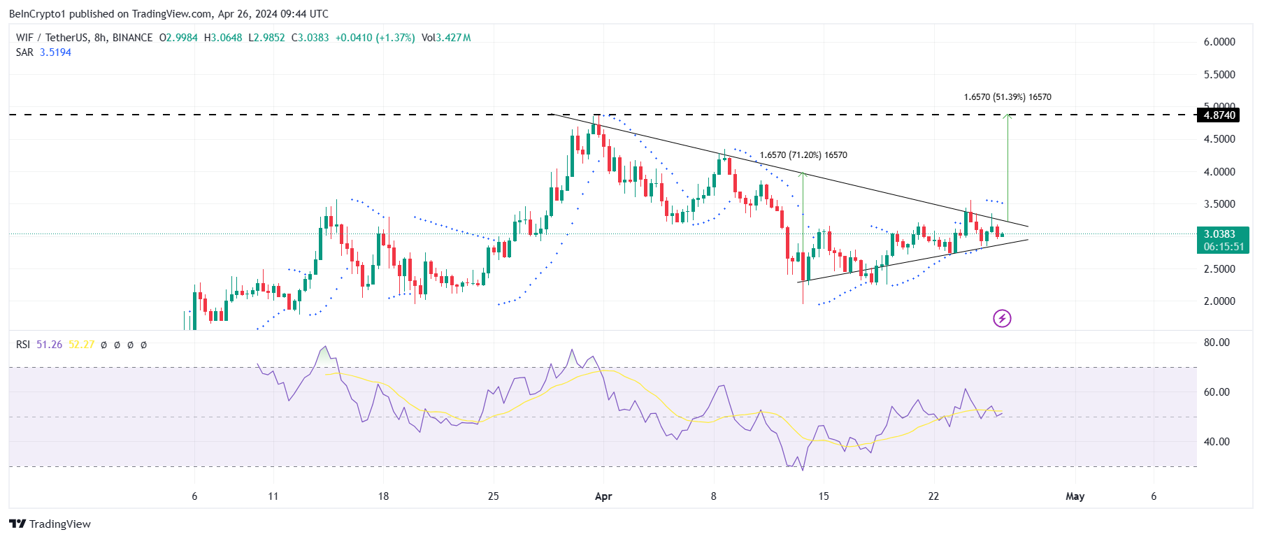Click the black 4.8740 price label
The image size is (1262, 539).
coord(1219,115)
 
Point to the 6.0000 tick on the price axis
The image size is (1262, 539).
coord(1219,42)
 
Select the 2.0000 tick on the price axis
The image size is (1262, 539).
coord(1219,301)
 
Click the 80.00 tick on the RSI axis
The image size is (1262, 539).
coord(1217,343)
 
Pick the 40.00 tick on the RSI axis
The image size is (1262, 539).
coord(1217,442)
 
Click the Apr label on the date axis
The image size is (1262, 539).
coord(603,496)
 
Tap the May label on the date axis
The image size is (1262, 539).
coord(1075,496)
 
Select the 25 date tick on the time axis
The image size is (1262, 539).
coord(494,496)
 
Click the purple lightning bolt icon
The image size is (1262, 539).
coord(1002,319)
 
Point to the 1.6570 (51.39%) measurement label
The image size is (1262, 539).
coord(1007,97)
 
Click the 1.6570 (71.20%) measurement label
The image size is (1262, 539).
coord(803,155)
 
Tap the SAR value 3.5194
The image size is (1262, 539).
coord(55,52)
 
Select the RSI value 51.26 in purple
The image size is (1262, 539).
coord(49,345)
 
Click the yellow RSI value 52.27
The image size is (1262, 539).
coord(81,345)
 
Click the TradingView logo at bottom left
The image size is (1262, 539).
coord(50,524)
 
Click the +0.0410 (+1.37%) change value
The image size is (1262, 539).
coord(375,38)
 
